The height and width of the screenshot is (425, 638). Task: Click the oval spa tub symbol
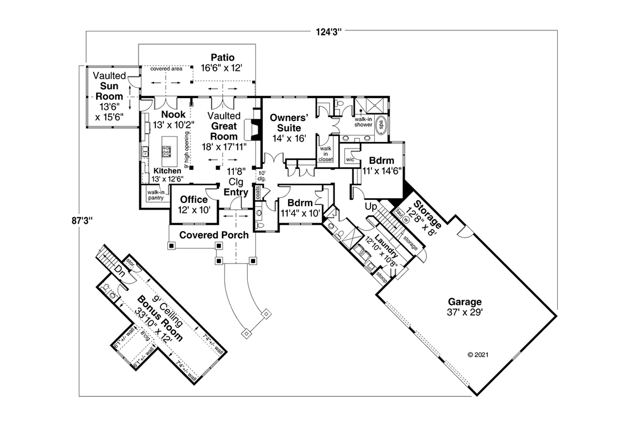381,126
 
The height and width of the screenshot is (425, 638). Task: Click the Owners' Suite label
286,123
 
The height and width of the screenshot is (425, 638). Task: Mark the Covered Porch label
214,235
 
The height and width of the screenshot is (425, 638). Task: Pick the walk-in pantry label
155,195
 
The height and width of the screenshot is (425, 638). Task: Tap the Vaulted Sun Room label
109,96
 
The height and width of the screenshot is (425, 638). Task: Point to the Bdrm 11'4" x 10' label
299,208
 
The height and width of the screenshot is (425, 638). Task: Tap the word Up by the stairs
371,206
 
